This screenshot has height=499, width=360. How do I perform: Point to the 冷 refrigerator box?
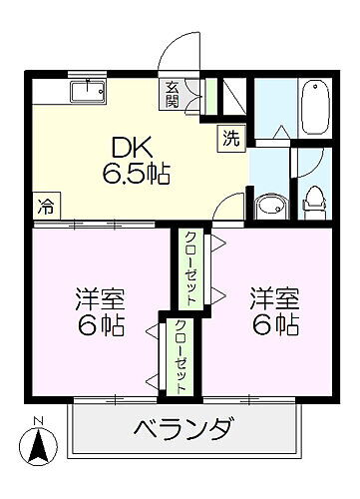45,208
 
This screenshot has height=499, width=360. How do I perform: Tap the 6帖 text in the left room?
98,327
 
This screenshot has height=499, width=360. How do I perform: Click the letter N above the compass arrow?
37,419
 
